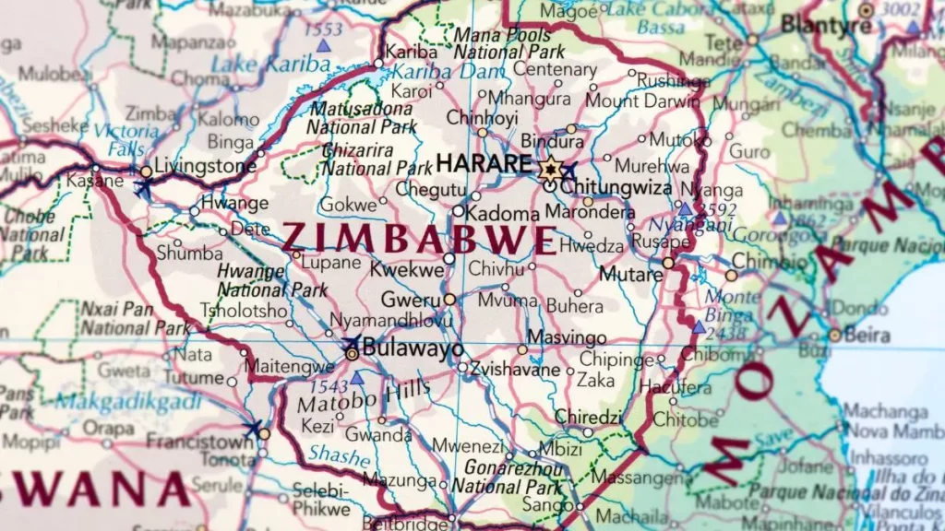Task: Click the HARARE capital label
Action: click(x=484, y=164)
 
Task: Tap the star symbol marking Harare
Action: click(x=551, y=168)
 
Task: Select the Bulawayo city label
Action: click(x=413, y=348)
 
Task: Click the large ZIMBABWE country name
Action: click(x=419, y=239)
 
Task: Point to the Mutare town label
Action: click(x=631, y=274)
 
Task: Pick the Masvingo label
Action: click(x=567, y=338)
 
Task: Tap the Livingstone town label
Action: click(x=206, y=167)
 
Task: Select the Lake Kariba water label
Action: click(x=270, y=65)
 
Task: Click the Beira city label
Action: click(x=870, y=334)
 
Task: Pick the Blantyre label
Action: click(x=825, y=25)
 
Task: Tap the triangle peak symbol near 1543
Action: click(x=356, y=378)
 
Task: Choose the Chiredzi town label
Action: click(x=588, y=417)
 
